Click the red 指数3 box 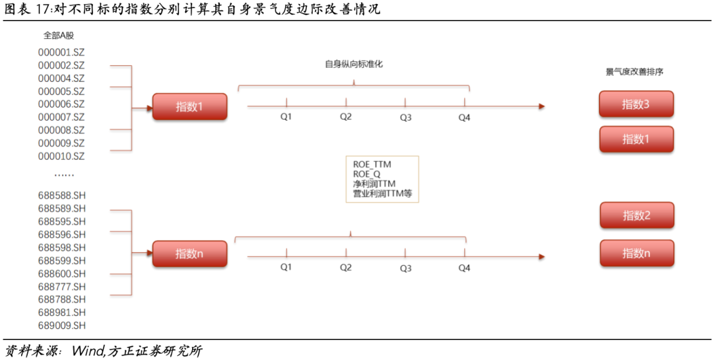[x=636, y=104]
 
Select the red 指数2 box [x=637, y=215]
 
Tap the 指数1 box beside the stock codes [x=189, y=106]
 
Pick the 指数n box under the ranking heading [x=637, y=253]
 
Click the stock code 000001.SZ [x=61, y=52]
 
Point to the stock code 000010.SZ [x=61, y=156]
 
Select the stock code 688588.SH [x=62, y=195]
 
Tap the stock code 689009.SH [x=62, y=325]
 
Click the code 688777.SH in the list [x=62, y=286]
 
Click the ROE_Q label [x=367, y=174]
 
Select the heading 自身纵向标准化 [x=354, y=64]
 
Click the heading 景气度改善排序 [x=634, y=72]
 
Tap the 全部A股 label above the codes [x=59, y=36]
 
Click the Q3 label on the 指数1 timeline [x=405, y=117]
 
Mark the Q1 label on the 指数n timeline [x=286, y=267]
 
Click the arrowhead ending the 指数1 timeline [x=541, y=106]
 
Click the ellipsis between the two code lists [x=64, y=175]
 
